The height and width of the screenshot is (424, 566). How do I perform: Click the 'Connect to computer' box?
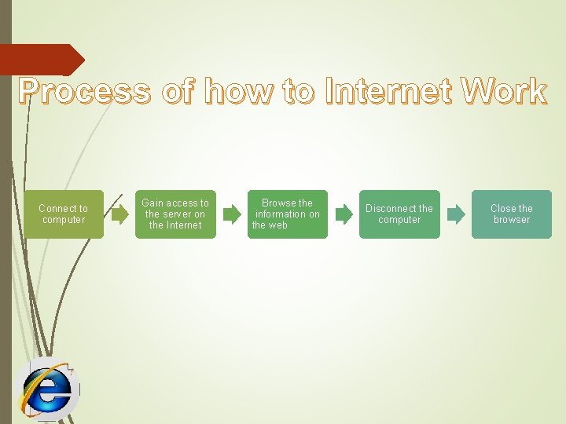(x=63, y=214)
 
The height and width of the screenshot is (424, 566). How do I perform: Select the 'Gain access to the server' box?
(x=175, y=214)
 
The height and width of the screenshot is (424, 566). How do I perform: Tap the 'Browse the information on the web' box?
(x=288, y=214)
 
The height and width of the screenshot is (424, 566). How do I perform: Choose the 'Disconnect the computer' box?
(x=399, y=214)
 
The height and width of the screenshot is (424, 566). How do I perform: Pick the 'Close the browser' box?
(x=512, y=214)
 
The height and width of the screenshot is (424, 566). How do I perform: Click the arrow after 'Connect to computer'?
(x=119, y=214)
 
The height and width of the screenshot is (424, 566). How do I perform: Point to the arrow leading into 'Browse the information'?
(x=231, y=214)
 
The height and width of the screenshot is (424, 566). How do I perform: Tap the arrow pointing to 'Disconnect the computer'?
(x=344, y=214)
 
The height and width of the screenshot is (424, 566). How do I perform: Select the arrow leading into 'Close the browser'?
(x=456, y=214)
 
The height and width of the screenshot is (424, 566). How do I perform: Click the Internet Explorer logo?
(x=47, y=389)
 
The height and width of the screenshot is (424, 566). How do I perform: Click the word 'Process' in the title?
(x=85, y=92)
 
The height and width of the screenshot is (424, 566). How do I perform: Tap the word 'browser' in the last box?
(x=512, y=220)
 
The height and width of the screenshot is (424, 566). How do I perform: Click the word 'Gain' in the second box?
(x=153, y=203)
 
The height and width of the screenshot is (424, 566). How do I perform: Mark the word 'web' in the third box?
(x=278, y=225)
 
